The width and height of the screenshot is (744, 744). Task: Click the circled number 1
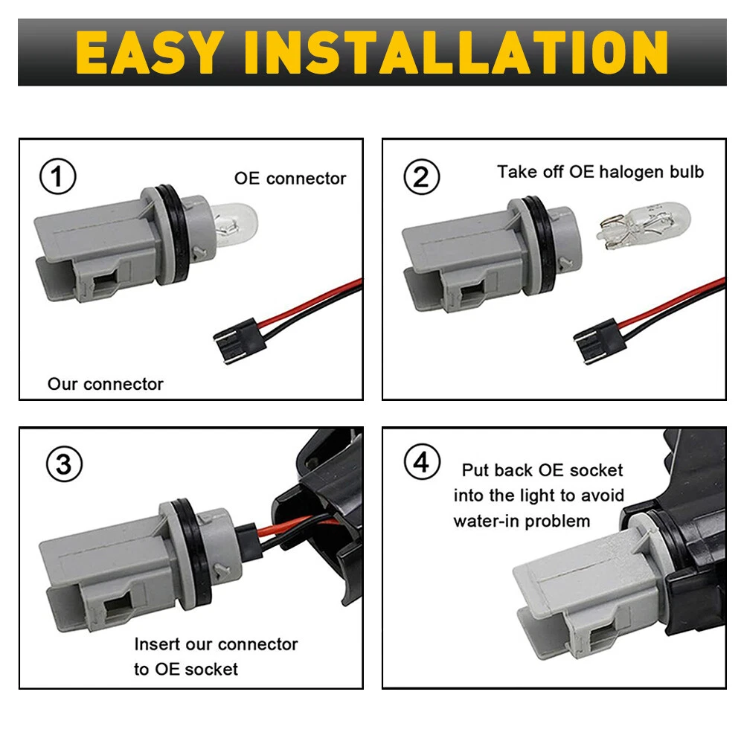click(x=57, y=176)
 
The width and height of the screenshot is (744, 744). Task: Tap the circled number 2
click(x=421, y=177)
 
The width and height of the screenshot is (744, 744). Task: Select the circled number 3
click(x=64, y=464)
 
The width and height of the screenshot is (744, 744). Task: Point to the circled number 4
click(x=422, y=462)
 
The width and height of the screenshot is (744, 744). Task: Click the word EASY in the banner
click(x=150, y=52)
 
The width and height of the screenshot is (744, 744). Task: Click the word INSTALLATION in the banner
click(x=456, y=52)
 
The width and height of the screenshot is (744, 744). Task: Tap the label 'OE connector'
click(x=290, y=179)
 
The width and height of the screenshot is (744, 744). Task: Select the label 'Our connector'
click(x=106, y=384)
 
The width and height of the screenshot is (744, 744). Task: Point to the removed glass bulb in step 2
click(x=644, y=225)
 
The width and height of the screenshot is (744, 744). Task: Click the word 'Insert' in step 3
click(x=157, y=644)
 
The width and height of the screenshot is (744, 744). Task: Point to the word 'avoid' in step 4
click(x=602, y=496)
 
